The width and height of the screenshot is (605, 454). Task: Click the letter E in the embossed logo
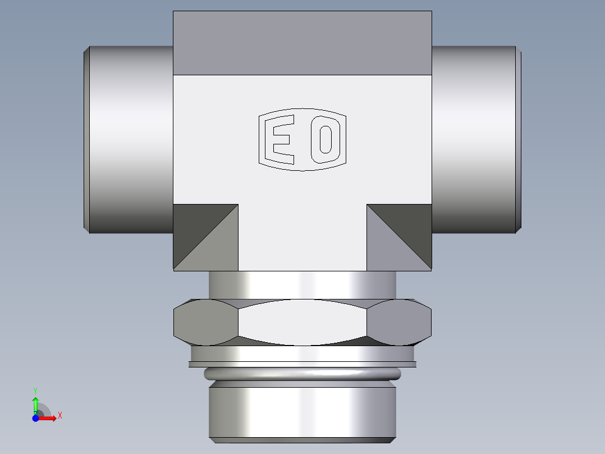pos(282,139)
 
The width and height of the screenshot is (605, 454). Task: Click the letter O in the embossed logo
pos(325,139)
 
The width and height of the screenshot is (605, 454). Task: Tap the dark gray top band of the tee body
pos(302,43)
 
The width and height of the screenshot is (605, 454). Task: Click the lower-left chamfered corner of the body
pos(205,237)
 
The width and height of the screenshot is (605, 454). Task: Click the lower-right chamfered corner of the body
pos(399,237)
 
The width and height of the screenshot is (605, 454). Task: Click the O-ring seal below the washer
pos(302,374)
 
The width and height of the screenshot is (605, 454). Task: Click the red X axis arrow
pos(49,418)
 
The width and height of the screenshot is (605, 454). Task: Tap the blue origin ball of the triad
pos(36,418)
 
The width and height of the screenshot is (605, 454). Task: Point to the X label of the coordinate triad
pos(59,416)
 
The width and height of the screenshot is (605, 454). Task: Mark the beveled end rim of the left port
pos(86,139)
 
